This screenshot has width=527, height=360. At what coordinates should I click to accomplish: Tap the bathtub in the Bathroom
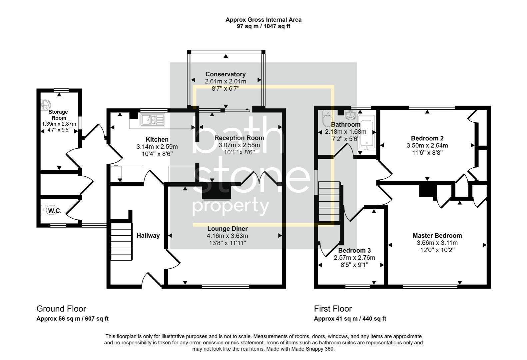(366, 133)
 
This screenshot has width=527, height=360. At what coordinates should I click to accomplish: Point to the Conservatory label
(225, 74)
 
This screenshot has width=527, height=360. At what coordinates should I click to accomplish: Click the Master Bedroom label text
(437, 235)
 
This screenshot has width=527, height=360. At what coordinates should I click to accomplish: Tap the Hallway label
(148, 236)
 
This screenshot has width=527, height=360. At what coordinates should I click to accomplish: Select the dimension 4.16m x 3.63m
(227, 236)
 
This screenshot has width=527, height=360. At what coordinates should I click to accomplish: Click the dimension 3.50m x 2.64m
(427, 145)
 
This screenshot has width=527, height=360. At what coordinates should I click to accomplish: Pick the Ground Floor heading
(61, 309)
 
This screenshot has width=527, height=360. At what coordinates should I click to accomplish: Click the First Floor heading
(333, 309)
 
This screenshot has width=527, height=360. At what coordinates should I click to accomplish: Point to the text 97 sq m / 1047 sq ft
(263, 26)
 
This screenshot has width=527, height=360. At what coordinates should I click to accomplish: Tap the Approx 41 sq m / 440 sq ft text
(350, 319)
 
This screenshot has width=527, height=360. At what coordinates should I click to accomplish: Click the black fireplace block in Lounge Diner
(217, 192)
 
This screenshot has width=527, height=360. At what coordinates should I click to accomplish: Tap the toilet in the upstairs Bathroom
(327, 117)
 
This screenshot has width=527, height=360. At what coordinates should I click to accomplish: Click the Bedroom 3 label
(354, 250)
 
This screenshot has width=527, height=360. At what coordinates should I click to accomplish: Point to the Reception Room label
(239, 138)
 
